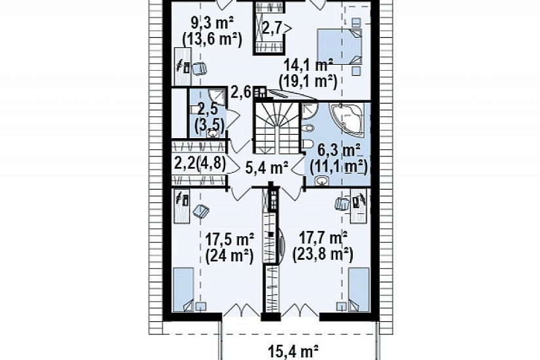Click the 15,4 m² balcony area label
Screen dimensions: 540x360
[x=293, y=352]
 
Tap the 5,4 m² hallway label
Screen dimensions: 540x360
[x=267, y=168]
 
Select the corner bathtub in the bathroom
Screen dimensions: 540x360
[x=347, y=120]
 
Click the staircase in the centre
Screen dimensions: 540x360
[x=277, y=128]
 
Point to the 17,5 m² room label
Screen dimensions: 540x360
[x=230, y=238]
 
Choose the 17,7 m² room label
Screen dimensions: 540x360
[x=323, y=238]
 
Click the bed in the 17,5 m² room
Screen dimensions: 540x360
[x=183, y=289]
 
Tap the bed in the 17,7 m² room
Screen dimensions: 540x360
[x=359, y=289]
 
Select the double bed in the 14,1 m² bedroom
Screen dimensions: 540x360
[x=340, y=46]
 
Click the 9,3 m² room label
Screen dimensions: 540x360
[x=212, y=24]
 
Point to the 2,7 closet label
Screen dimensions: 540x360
[x=273, y=28]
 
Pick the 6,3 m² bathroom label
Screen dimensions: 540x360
[x=339, y=151]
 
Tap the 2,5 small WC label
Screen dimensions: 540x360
[x=208, y=109]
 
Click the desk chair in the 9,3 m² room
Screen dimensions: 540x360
[x=199, y=69]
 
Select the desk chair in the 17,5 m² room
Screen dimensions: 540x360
[x=201, y=211]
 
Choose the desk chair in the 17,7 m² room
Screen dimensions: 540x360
[x=342, y=204]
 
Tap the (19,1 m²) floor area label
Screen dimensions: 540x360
[x=308, y=82]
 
